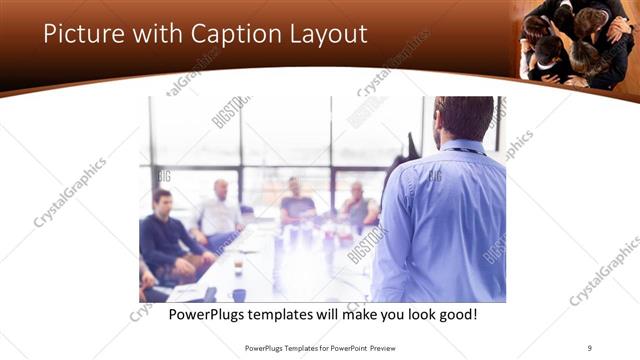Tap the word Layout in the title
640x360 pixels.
pyautogui.click(x=330, y=34)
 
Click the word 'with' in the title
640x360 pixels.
pyautogui.click(x=155, y=34)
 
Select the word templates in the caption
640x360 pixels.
pyautogui.click(x=293, y=315)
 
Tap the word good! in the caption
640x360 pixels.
pyautogui.click(x=456, y=315)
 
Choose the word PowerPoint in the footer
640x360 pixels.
pyautogui.click(x=345, y=349)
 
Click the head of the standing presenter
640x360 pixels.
pyautogui.click(x=465, y=117)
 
